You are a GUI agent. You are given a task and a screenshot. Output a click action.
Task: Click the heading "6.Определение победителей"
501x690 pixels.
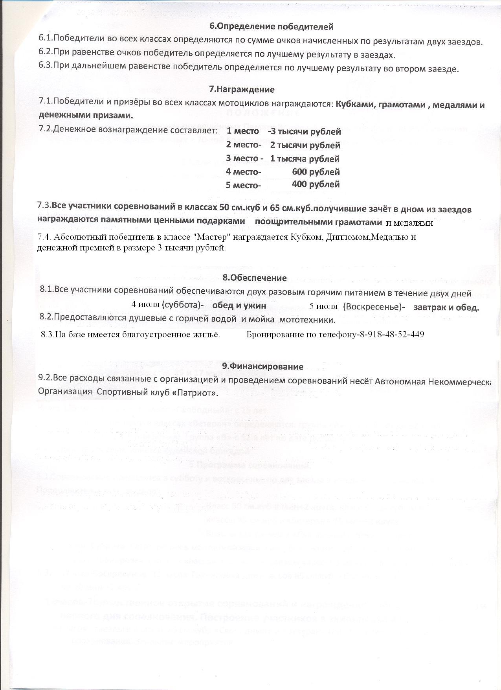point(271,27)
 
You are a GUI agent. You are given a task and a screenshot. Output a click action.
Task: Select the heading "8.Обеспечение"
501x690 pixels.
point(255,278)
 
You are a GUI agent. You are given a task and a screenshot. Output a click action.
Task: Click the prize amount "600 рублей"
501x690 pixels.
point(316,172)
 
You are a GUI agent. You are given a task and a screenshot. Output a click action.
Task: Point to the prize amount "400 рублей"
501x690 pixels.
point(316,184)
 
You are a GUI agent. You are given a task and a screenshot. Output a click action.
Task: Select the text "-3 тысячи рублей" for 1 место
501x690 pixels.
point(304,132)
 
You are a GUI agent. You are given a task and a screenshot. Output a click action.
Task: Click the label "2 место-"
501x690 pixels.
point(244,145)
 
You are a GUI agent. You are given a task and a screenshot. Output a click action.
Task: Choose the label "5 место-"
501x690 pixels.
point(243,185)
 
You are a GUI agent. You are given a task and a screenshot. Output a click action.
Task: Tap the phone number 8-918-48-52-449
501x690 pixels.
point(391,335)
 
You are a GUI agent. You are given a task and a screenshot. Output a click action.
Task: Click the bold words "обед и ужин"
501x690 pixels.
point(239,305)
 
